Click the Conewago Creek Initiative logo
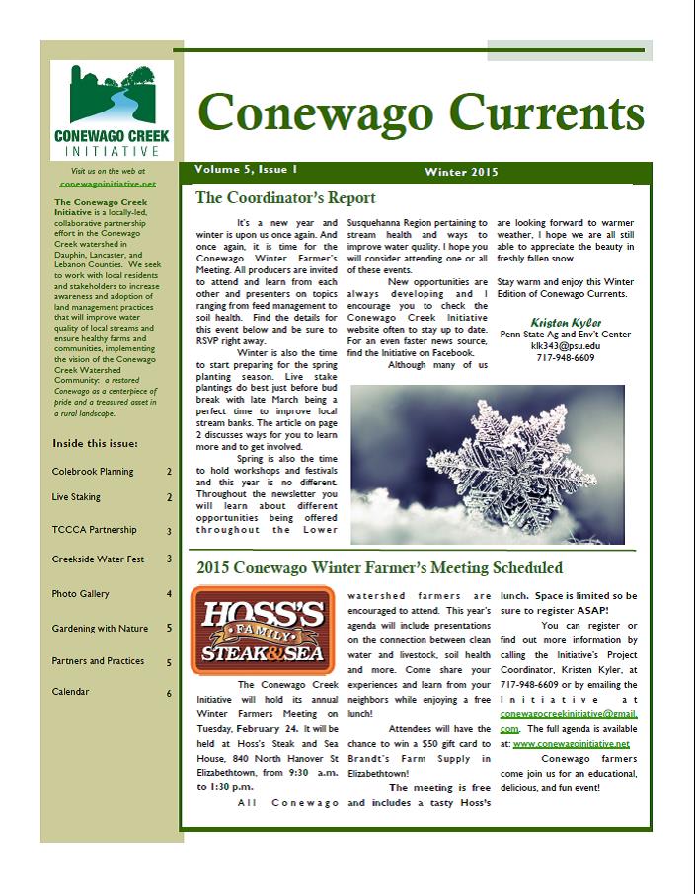click(111, 111)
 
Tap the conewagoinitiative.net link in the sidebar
click(108, 183)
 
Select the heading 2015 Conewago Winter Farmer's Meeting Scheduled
click(380, 568)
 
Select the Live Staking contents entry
click(76, 497)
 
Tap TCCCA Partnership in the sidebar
click(94, 530)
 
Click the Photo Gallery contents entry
click(81, 594)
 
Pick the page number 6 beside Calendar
click(169, 693)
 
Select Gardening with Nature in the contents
click(100, 628)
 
